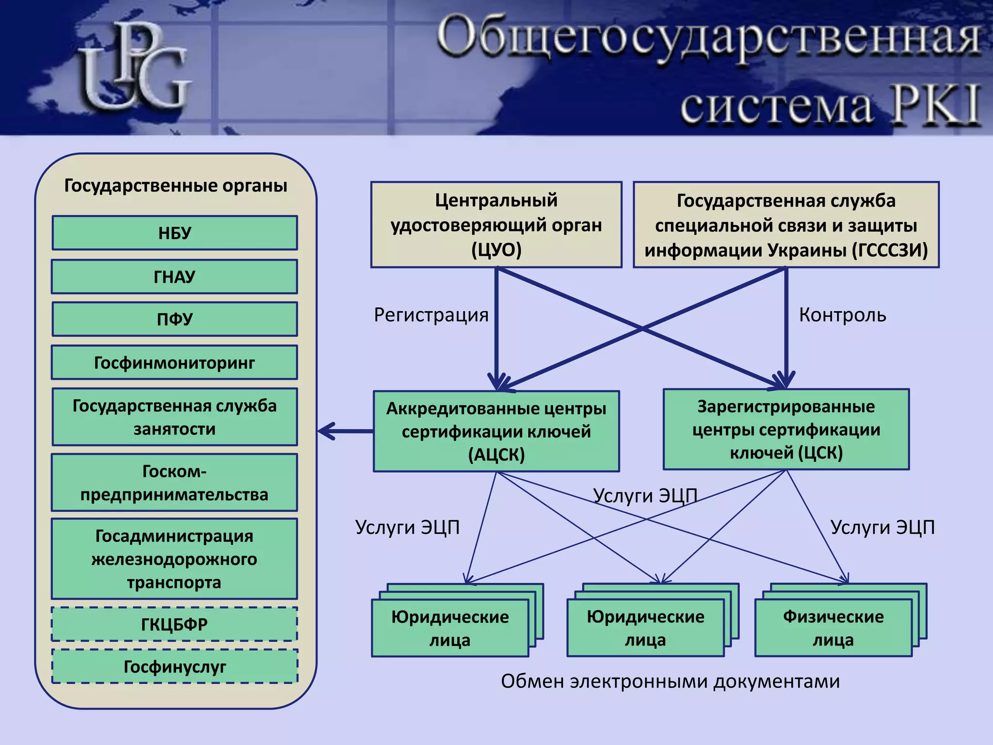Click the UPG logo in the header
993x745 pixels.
(136, 68)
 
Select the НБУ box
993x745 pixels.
(175, 233)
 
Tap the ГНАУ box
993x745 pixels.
(175, 277)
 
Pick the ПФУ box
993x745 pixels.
(175, 319)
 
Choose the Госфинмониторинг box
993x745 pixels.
(175, 363)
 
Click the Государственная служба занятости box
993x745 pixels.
(175, 417)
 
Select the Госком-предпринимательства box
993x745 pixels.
(175, 483)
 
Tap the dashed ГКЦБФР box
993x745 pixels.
(175, 624)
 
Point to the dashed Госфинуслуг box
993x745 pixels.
(175, 667)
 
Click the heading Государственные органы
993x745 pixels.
(176, 186)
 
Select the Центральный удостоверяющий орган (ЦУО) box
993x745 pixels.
(496, 225)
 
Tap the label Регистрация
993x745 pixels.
(431, 315)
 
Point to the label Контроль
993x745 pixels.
(842, 315)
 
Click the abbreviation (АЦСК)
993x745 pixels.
(496, 455)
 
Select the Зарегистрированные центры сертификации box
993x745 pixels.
(786, 430)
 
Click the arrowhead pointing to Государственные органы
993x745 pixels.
(326, 431)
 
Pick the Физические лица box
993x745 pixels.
(833, 628)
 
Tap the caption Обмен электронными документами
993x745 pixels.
(670, 681)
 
